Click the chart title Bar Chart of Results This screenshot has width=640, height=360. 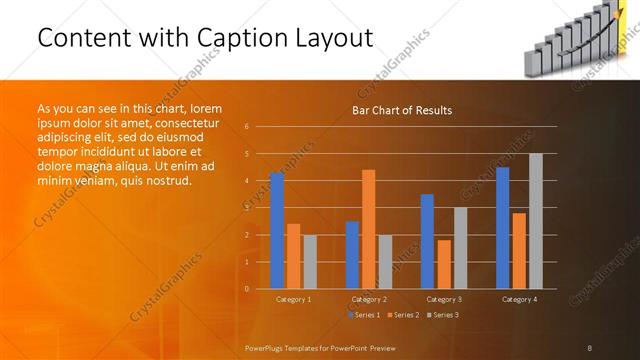[x=402, y=110]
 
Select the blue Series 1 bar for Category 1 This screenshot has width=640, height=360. [x=277, y=231]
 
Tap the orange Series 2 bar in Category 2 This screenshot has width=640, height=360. [x=368, y=229]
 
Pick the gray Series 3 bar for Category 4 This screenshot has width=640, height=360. [x=536, y=221]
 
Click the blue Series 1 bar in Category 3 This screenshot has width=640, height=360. [x=427, y=241]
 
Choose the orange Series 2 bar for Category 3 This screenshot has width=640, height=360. [x=444, y=264]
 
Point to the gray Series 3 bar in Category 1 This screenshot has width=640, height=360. [x=310, y=262]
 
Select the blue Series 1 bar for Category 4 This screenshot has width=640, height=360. [x=502, y=228]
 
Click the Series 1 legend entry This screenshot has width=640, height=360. [x=365, y=315]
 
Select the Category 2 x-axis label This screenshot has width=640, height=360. [x=369, y=300]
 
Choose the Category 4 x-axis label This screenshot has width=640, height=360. [x=519, y=300]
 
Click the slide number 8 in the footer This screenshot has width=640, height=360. [x=590, y=347]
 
